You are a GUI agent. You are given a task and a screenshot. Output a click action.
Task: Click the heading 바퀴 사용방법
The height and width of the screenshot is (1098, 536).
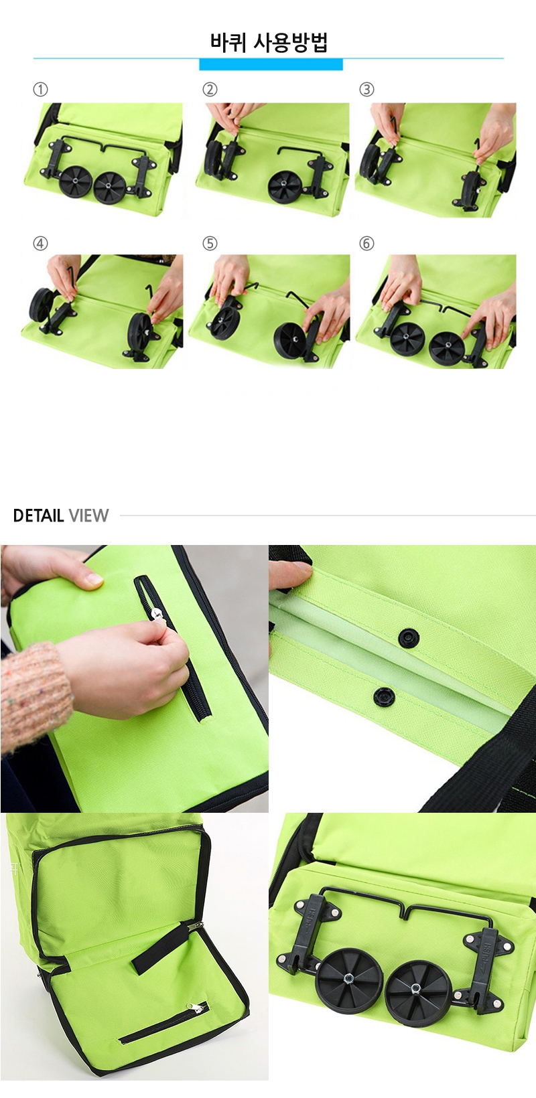point(269,42)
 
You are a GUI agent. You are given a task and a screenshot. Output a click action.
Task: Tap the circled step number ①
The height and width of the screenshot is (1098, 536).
point(40,90)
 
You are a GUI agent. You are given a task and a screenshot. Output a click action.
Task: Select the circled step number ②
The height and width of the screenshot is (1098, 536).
point(210,90)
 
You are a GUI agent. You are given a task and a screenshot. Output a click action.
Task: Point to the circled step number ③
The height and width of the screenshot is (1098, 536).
point(366,90)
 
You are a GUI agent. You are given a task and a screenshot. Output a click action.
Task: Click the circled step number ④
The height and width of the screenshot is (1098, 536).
point(40,244)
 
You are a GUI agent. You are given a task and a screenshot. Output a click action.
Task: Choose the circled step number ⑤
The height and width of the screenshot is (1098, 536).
point(210,244)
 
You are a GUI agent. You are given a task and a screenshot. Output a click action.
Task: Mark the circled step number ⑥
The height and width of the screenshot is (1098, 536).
point(366,244)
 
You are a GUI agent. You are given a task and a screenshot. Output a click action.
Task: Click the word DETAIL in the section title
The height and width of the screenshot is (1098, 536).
point(39,516)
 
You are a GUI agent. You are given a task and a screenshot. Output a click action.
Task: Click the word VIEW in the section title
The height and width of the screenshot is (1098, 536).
point(88,516)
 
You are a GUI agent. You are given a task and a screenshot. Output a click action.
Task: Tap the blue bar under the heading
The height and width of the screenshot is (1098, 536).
point(271,64)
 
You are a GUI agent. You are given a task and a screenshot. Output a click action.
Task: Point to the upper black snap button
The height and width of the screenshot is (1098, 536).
point(407,638)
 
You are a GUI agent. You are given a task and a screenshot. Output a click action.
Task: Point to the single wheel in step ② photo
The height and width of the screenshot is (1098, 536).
point(285,187)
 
